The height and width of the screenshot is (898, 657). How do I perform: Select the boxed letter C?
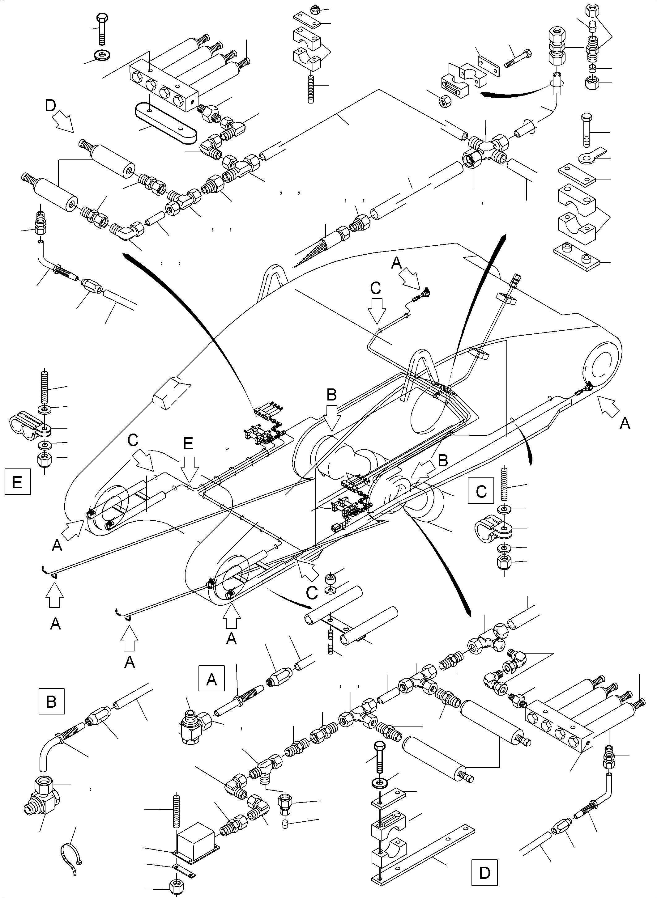coord(481,491)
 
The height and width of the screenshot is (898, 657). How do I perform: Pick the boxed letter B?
coord(51,702)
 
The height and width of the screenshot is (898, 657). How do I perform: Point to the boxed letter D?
coord(484,873)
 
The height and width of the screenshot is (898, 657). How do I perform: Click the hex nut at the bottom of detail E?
coord(45,460)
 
